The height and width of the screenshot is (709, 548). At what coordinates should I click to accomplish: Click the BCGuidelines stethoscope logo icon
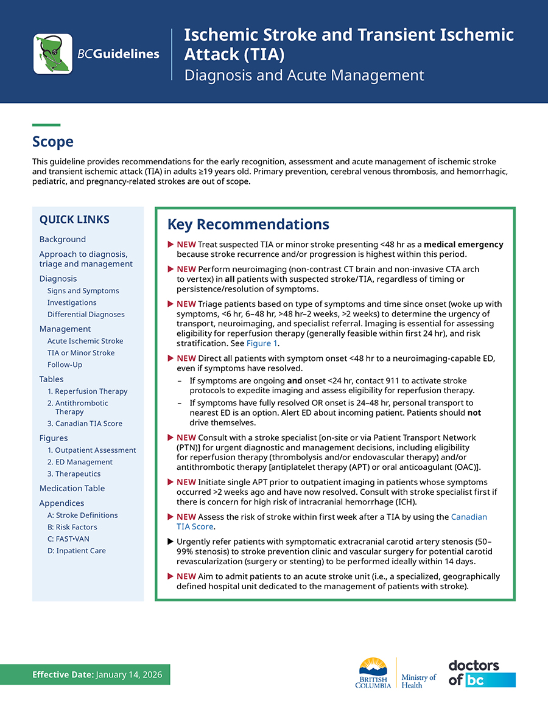coord(53,54)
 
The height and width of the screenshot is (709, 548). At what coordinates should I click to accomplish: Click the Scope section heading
coord(53,142)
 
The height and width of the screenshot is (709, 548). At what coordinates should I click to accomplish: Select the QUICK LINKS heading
coord(74,220)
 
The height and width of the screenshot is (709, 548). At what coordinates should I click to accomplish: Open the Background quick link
coord(63,239)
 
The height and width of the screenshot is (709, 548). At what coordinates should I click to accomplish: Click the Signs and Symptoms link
coord(83,291)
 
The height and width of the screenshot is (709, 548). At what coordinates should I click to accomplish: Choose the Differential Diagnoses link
coord(86,315)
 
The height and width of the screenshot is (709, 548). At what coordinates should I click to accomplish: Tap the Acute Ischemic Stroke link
coord(85,341)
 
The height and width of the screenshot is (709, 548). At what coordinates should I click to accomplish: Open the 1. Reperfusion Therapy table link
coord(88,391)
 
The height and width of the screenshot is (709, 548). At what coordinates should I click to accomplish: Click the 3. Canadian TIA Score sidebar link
coord(85,424)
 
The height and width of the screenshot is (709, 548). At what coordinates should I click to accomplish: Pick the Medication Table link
coord(72,488)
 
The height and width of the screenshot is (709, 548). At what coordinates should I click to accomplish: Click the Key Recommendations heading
coord(248,225)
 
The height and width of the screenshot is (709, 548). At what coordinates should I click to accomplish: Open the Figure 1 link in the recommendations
coord(261,343)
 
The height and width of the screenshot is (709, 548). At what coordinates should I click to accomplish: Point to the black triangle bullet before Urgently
coord(170,541)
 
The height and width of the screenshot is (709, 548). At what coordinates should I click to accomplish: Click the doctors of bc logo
coord(482,672)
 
